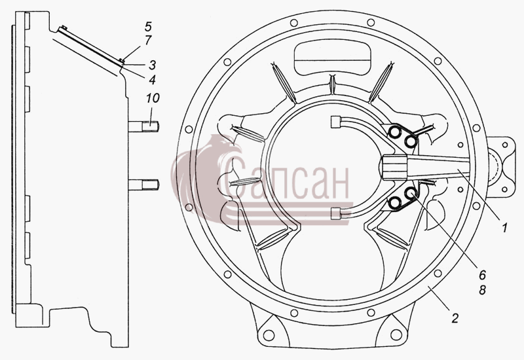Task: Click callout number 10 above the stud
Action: coord(153,98)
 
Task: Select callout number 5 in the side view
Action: coord(148,26)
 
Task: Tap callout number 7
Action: coord(148,40)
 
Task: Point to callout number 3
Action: coord(153,65)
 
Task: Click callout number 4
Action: coord(153,79)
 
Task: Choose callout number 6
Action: coord(482,275)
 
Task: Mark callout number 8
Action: coord(482,290)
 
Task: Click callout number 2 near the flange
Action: coord(455,317)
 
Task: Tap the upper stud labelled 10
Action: coord(143,126)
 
